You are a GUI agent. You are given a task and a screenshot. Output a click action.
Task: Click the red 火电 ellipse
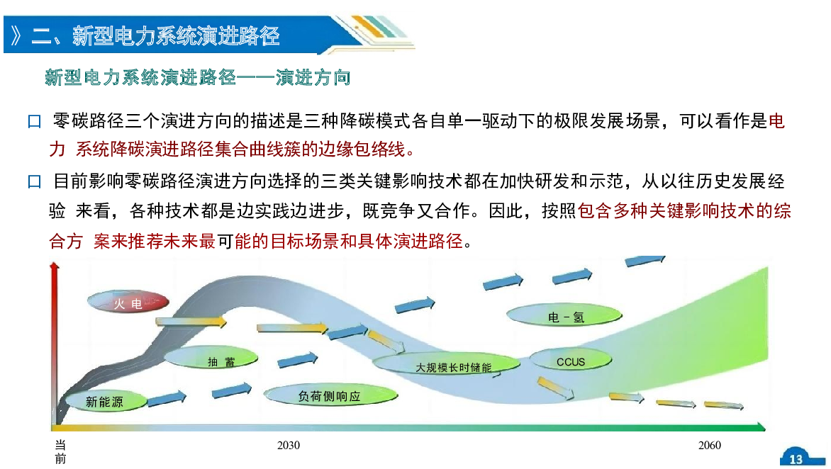click(128, 303)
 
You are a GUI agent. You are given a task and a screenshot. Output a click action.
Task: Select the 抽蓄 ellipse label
click(211, 358)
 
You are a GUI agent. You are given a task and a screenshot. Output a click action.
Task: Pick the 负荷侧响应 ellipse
click(330, 395)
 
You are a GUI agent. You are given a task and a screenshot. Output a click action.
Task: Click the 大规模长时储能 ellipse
click(447, 364)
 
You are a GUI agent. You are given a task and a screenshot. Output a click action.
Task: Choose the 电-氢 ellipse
click(564, 316)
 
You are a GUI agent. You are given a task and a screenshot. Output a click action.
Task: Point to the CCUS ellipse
click(571, 361)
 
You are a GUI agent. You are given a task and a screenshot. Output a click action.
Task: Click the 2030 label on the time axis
click(289, 445)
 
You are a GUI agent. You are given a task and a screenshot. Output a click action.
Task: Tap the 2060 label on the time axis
click(709, 445)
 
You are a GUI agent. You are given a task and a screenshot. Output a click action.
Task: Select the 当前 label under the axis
click(60, 451)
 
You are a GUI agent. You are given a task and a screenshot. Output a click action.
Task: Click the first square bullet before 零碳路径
click(35, 122)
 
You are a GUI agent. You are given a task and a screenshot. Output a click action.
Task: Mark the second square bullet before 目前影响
click(35, 182)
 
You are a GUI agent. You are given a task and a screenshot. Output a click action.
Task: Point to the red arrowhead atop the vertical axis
click(54, 267)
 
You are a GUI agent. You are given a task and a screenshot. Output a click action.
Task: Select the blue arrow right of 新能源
click(167, 399)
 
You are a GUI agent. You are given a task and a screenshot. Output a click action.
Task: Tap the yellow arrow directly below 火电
click(191, 322)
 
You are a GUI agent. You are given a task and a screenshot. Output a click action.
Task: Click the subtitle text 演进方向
click(313, 78)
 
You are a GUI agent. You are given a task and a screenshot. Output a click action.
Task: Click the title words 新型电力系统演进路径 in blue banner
click(176, 36)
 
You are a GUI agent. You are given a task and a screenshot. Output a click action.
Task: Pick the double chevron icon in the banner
click(16, 36)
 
